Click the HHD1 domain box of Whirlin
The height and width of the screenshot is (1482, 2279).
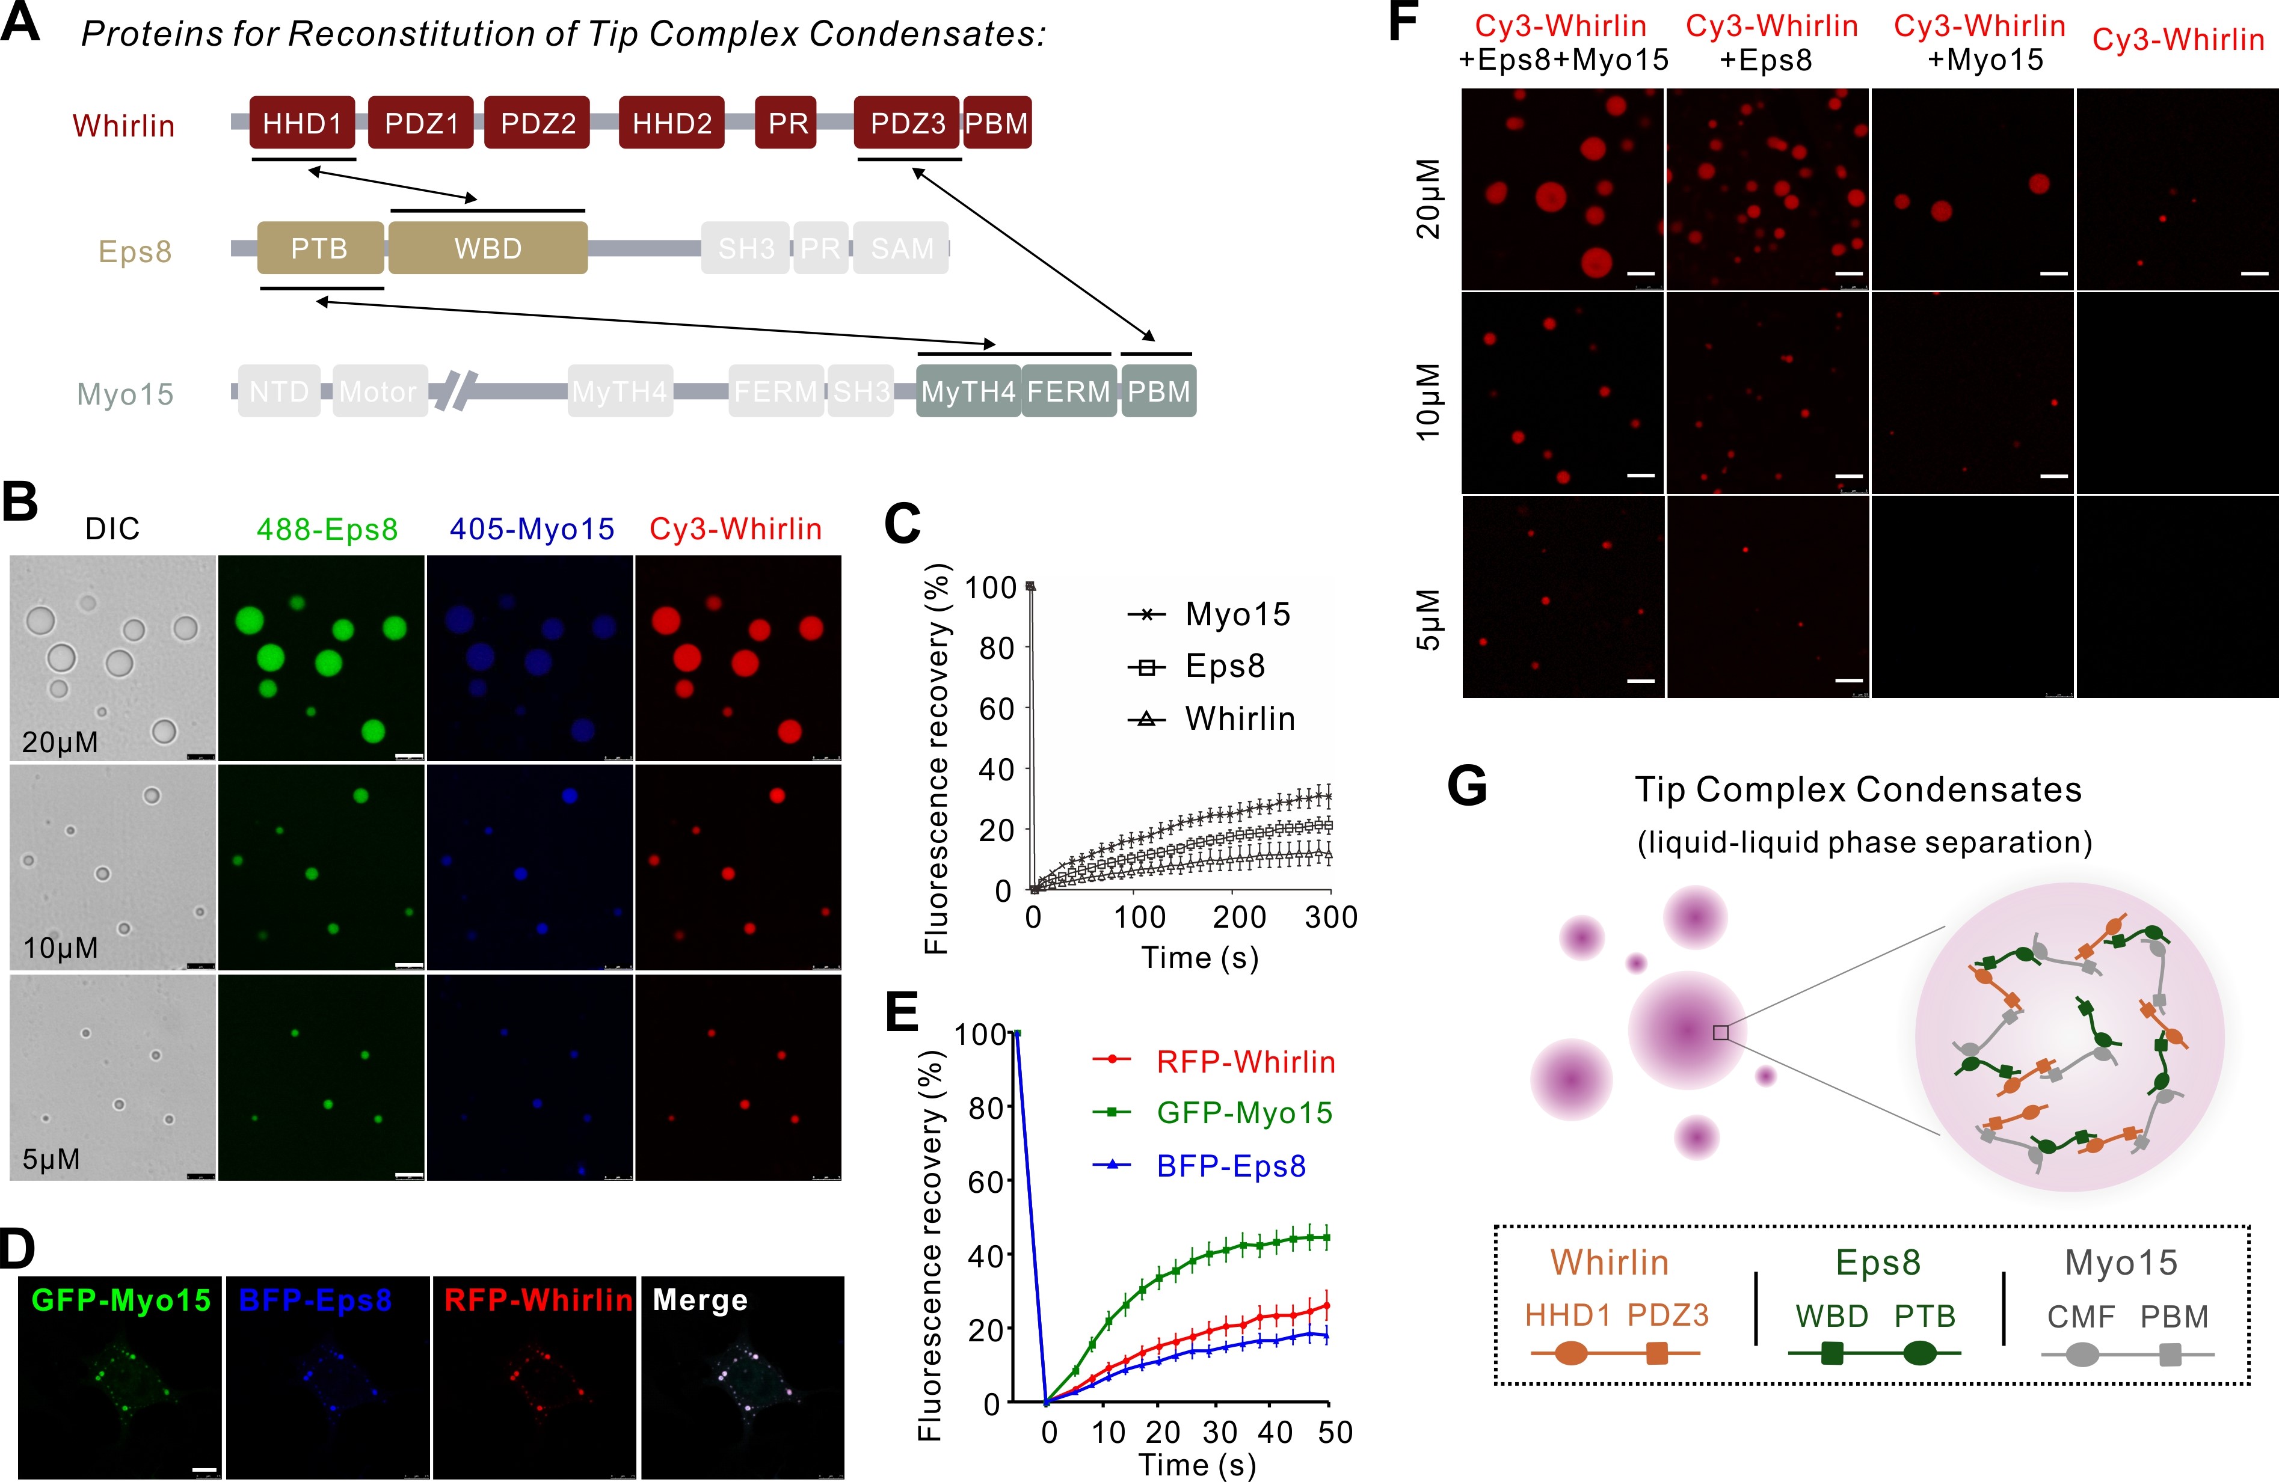[301, 123]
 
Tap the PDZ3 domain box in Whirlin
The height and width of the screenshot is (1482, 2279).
[907, 123]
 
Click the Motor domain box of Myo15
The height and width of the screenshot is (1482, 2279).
[378, 391]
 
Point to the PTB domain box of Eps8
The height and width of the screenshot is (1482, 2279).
[320, 249]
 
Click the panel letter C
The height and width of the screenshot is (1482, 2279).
[902, 525]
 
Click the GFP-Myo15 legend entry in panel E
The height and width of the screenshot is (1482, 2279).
[1244, 1112]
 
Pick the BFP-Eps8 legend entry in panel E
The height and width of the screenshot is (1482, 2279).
[1231, 1166]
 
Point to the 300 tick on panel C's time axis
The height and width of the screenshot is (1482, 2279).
[1331, 917]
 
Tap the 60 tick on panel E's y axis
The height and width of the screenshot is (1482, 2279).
[985, 1183]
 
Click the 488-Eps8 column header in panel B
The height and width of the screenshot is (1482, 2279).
[327, 530]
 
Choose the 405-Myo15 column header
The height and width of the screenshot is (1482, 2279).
[532, 530]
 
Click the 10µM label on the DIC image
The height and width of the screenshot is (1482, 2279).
[60, 948]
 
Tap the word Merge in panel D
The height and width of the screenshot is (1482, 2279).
[700, 1300]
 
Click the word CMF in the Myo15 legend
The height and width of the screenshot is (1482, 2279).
[2081, 1317]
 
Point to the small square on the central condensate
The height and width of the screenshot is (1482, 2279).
[1721, 1033]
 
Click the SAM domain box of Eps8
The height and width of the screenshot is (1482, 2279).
[901, 249]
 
